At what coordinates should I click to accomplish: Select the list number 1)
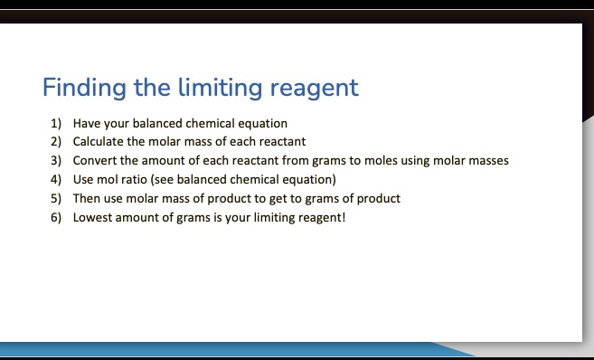coord(55,123)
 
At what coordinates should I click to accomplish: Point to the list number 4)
coord(55,179)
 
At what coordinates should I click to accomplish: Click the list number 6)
coord(55,217)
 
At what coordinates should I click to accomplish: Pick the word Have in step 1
coord(87,123)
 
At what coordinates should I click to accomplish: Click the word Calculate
coord(99,142)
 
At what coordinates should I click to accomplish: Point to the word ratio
coord(137,179)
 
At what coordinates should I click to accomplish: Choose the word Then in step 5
coord(87,198)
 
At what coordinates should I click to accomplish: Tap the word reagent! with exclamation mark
coord(321,217)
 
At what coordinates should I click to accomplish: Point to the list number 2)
coord(55,142)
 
